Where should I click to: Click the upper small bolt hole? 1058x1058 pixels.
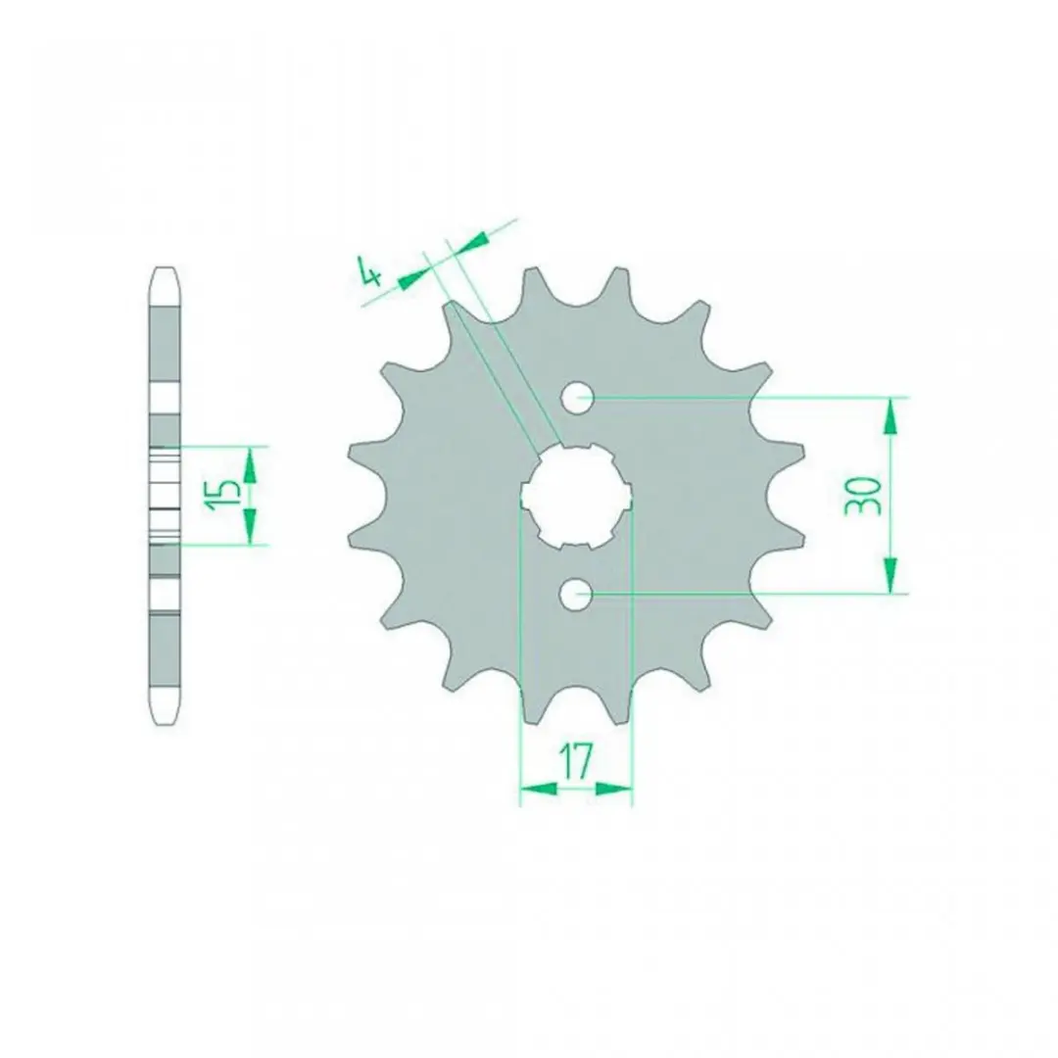(576, 398)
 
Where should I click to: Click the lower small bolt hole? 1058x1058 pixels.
(576, 595)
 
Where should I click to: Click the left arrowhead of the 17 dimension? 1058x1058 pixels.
(540, 788)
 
